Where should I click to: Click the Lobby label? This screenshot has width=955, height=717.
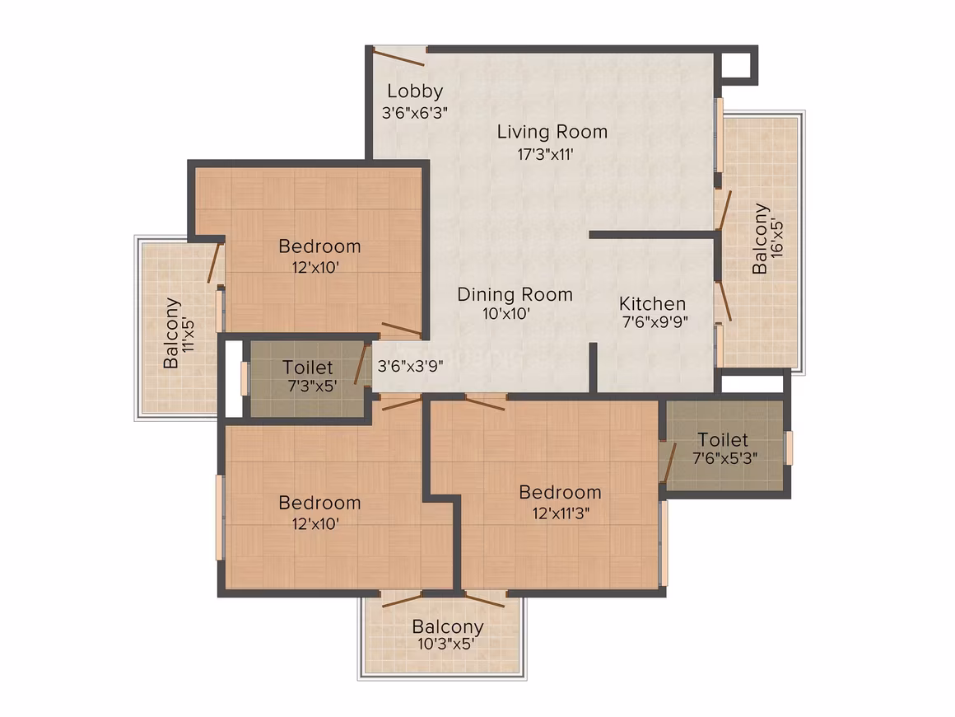tap(415, 91)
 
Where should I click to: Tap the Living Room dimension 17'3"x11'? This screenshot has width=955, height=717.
tap(545, 153)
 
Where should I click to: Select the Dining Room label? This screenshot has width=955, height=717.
tap(515, 294)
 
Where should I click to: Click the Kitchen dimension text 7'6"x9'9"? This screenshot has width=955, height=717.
tap(655, 321)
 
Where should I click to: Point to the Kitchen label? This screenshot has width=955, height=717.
tap(652, 303)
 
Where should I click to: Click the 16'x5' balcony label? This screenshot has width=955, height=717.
tap(767, 238)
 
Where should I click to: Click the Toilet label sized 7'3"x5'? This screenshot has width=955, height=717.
tap(308, 368)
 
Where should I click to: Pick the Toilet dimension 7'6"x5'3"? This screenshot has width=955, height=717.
tap(724, 457)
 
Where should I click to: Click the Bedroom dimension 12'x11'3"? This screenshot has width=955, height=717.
tap(561, 513)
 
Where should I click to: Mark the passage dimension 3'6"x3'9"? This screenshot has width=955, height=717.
tap(410, 366)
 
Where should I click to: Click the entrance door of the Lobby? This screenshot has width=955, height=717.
tap(399, 57)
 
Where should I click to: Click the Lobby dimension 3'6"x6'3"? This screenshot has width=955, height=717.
tap(415, 113)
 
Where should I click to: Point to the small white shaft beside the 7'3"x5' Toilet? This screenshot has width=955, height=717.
tap(234, 378)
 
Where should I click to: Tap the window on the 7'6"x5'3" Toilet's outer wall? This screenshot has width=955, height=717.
tap(789, 448)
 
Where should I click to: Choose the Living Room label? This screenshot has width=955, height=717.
tap(552, 132)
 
